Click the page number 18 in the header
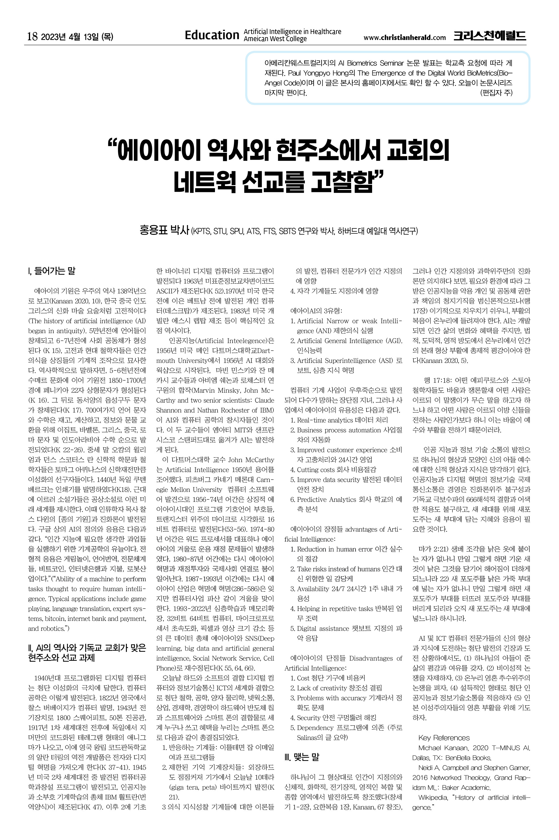tap(32, 36)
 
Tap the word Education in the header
tap(212, 35)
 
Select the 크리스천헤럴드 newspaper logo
tap(490, 36)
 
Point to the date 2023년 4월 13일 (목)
tap(77, 37)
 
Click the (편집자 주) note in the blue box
tap(496, 93)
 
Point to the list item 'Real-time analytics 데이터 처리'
tap(342, 420)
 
